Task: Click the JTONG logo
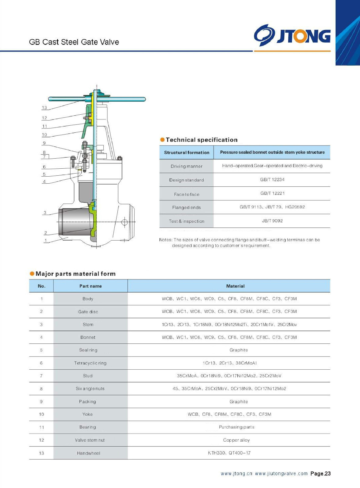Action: point(292,35)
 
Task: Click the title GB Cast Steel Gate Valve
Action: point(74,42)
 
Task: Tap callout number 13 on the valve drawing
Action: point(45,108)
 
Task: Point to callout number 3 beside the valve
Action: point(45,213)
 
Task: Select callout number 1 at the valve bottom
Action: point(46,240)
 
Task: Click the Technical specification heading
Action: point(201,140)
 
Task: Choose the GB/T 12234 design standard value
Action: point(272,180)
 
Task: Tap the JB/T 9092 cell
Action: point(272,221)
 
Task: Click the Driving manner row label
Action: point(186,166)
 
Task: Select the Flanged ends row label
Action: point(186,207)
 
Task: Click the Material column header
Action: point(235,286)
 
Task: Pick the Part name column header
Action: point(91,286)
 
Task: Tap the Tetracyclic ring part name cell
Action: point(90,363)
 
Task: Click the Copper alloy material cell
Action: point(236,440)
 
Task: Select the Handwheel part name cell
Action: point(88,453)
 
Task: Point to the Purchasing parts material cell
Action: point(236,427)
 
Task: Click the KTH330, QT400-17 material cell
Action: point(229,453)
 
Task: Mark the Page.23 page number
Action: point(320,474)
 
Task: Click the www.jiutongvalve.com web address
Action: point(281,474)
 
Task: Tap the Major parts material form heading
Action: point(75,274)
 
